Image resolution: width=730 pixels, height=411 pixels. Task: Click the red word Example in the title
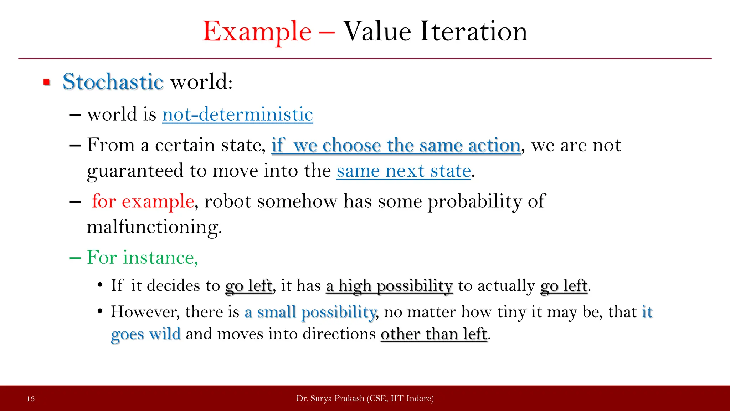pyautogui.click(x=257, y=32)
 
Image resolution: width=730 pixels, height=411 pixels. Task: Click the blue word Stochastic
pyautogui.click(x=113, y=82)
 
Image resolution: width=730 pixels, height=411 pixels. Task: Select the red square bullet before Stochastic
pyautogui.click(x=47, y=82)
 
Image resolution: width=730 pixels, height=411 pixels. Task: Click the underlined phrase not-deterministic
pyautogui.click(x=237, y=115)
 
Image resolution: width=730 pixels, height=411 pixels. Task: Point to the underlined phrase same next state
pyautogui.click(x=403, y=171)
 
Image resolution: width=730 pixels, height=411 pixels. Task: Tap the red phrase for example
pyautogui.click(x=143, y=201)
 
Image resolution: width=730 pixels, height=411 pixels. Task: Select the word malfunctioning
pyautogui.click(x=154, y=227)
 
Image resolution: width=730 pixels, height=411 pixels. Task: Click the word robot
pyautogui.click(x=228, y=201)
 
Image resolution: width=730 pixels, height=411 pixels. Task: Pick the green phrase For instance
pyautogui.click(x=142, y=258)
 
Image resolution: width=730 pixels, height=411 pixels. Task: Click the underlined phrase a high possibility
pyautogui.click(x=389, y=286)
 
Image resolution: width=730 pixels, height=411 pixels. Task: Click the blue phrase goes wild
pyautogui.click(x=146, y=334)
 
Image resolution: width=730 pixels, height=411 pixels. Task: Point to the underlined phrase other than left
pyautogui.click(x=434, y=334)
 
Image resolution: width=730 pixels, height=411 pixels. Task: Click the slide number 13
pyautogui.click(x=31, y=399)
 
